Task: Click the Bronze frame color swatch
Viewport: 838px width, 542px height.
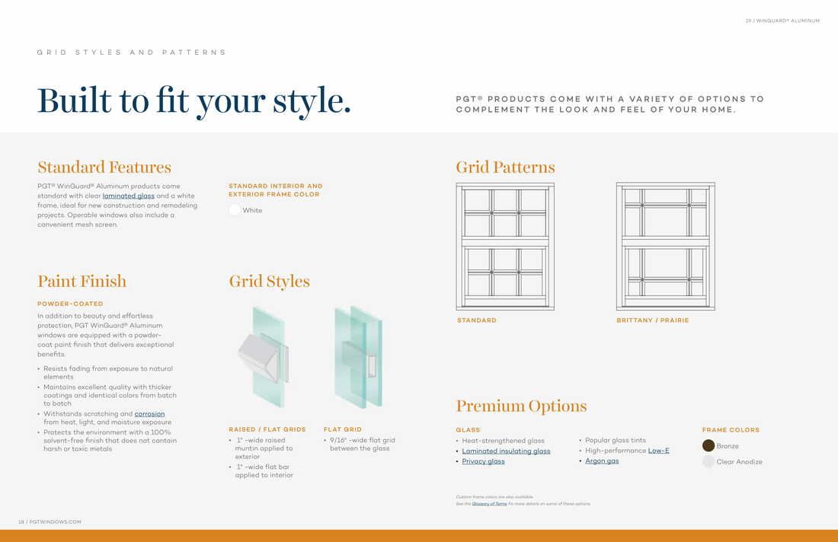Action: coord(708,446)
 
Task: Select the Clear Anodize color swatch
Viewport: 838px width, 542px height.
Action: coord(708,461)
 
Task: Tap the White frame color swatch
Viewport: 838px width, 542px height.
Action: coord(235,210)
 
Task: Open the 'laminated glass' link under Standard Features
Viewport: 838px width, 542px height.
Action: coord(128,196)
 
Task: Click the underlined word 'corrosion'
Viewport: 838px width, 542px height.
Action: coord(149,414)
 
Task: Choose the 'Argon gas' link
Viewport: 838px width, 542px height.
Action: coord(602,461)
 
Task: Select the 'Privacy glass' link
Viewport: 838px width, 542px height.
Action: coord(483,461)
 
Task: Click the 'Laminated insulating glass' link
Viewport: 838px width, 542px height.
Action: coord(506,451)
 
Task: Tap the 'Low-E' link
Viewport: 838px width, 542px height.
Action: coord(658,451)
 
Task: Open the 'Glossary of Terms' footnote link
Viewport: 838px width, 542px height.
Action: coord(489,504)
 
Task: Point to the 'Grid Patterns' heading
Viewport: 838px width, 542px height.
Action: coord(505,167)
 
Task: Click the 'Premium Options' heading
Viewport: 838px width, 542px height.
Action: coord(521,406)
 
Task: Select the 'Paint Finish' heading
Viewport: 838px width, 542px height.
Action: coord(82,282)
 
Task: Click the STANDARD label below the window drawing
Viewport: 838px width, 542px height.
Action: coord(477,320)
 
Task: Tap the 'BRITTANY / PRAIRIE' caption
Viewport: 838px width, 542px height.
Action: coord(652,320)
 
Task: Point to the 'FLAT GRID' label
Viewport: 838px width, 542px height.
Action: coord(343,429)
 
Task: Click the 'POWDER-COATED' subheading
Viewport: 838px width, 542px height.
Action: coord(70,304)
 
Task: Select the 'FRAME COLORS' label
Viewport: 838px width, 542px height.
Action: coord(731,430)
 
